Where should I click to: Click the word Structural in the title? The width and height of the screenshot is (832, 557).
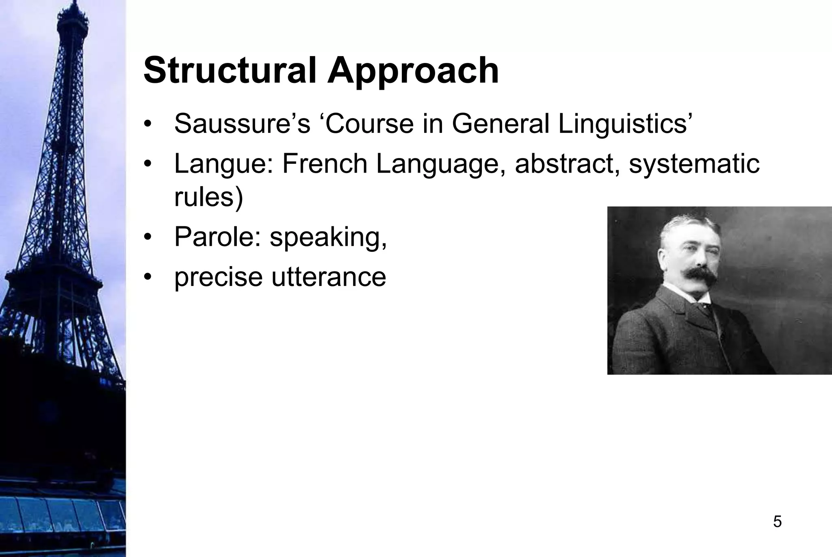(x=230, y=71)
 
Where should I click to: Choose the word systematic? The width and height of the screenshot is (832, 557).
(x=694, y=165)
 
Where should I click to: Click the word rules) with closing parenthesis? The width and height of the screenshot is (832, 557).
(x=208, y=198)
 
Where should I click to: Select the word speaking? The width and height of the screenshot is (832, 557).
(x=328, y=237)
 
